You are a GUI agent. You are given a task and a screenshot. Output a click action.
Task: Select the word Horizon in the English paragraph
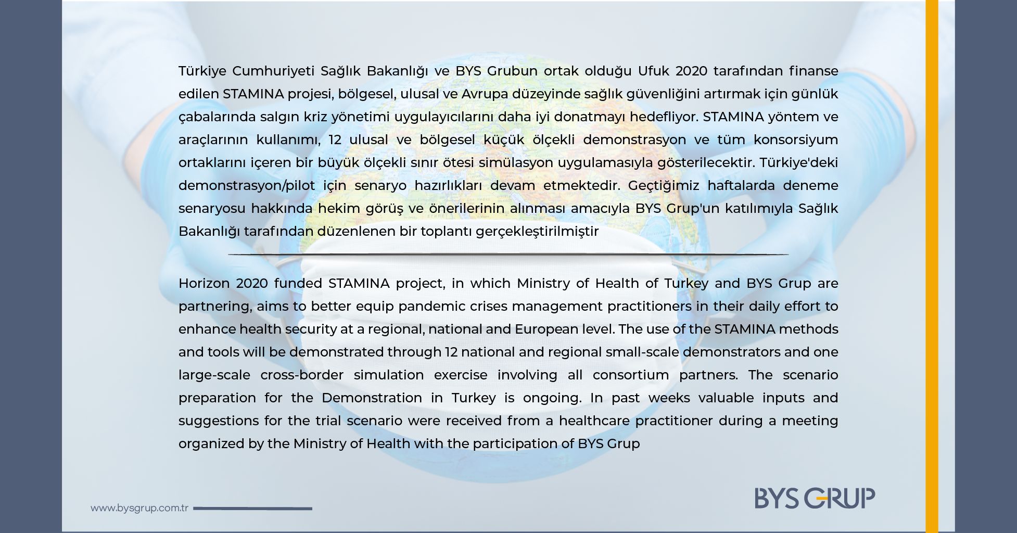204,284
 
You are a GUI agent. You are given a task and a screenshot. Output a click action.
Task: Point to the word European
546,329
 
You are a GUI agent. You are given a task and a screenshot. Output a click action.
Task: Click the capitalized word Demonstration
372,398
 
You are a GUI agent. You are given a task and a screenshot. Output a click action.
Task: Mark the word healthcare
594,421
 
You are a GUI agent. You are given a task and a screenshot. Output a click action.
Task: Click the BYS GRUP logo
815,498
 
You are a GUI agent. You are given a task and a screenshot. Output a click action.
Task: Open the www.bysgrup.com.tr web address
139,508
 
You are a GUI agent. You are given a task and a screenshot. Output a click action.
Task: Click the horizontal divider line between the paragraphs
508,255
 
